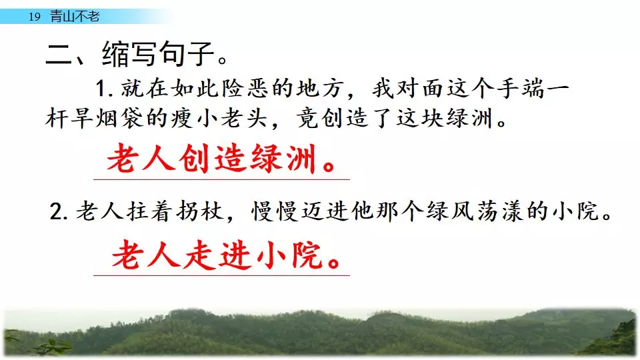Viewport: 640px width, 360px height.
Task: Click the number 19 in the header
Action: [x=35, y=17]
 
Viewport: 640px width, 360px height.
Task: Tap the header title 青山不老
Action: [x=75, y=16]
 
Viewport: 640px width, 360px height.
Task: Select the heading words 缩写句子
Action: [x=159, y=53]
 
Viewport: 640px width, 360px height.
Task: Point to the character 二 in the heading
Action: [x=59, y=54]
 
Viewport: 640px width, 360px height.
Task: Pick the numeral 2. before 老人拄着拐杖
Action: [x=59, y=212]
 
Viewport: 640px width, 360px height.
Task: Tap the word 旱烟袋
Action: [x=95, y=119]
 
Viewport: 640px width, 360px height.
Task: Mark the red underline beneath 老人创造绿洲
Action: [x=221, y=179]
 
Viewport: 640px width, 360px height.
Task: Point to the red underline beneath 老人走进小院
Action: [x=221, y=275]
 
